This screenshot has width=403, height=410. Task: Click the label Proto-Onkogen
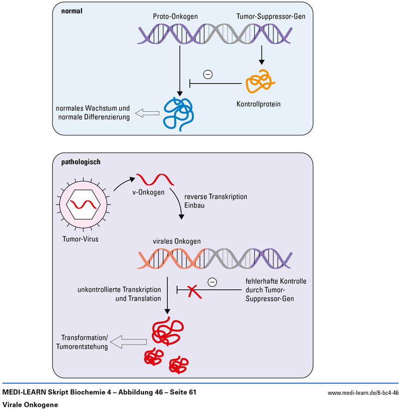pyautogui.click(x=175, y=17)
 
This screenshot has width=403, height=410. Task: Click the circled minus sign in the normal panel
pyautogui.click(x=208, y=75)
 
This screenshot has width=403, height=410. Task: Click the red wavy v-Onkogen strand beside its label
pyautogui.click(x=156, y=179)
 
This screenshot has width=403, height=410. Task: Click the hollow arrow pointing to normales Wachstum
pyautogui.click(x=147, y=114)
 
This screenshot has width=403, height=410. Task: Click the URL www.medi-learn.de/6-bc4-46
pyautogui.click(x=363, y=393)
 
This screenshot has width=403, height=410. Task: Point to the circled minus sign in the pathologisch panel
pyautogui.click(x=212, y=282)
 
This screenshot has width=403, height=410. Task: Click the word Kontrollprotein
pyautogui.click(x=258, y=104)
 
